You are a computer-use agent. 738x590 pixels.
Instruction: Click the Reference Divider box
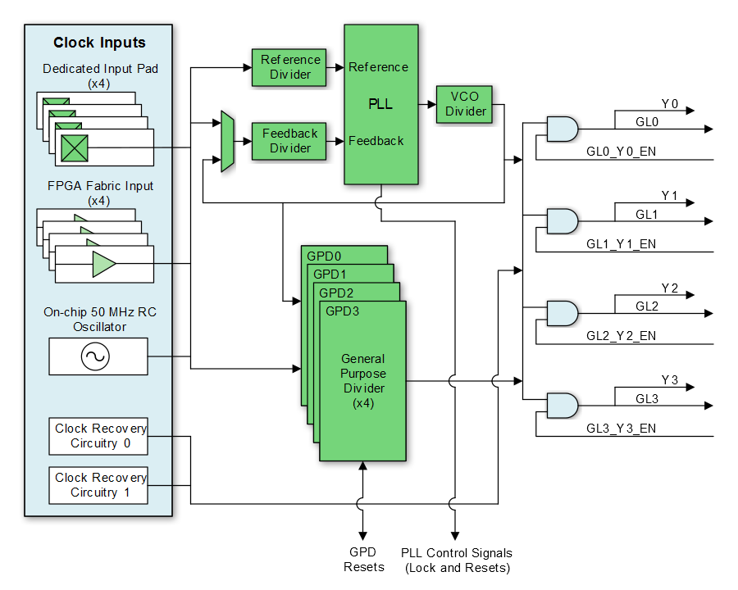coord(289,67)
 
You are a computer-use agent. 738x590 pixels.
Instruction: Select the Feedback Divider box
coord(289,141)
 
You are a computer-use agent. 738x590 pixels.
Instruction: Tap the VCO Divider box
coord(466,104)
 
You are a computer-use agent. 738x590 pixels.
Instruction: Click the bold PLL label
coord(380,105)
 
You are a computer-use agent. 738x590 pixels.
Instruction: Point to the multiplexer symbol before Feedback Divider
coord(228,142)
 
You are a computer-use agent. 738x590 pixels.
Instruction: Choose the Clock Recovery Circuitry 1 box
coord(98,485)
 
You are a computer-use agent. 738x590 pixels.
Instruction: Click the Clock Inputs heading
coord(99,43)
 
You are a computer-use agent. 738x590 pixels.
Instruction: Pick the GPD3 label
coord(342,311)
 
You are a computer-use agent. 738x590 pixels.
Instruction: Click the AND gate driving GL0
coord(562,129)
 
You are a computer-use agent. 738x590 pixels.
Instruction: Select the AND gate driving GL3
coord(562,406)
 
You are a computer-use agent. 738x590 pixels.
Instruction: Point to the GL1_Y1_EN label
coord(621,244)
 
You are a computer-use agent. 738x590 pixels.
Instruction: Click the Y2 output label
coord(669,288)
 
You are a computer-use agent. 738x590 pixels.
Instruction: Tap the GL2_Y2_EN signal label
coord(621,336)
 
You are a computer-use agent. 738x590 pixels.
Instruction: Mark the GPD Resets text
coord(363,560)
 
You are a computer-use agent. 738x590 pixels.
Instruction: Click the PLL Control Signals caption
coord(457,560)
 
